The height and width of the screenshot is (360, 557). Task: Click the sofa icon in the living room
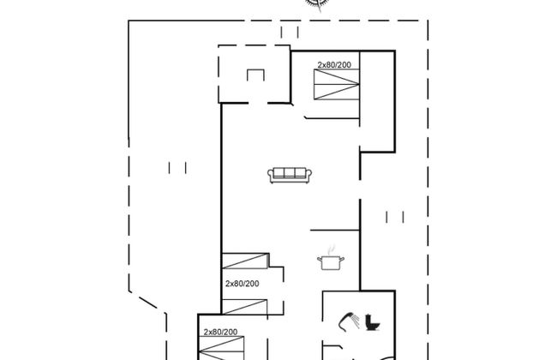[290, 175]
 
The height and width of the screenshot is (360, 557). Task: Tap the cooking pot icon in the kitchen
[331, 262]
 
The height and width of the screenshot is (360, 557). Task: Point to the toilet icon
[373, 322]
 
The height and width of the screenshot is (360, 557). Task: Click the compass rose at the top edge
[317, 3]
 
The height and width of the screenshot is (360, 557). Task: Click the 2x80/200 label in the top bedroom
[334, 64]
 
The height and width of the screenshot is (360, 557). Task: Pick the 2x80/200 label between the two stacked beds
[243, 284]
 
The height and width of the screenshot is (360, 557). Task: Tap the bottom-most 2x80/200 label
[220, 332]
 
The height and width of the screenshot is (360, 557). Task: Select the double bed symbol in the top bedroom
[337, 84]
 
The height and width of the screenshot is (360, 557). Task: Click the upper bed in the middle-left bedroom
[245, 261]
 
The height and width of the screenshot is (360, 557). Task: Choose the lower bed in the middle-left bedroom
[244, 307]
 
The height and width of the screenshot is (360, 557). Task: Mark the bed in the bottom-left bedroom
[221, 348]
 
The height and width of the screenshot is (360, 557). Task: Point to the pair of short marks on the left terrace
[177, 168]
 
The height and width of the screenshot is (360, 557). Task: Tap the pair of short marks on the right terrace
[395, 217]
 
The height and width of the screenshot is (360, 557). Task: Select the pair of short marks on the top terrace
[290, 32]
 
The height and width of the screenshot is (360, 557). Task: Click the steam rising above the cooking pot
[331, 249]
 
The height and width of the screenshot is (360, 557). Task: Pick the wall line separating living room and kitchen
[335, 231]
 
